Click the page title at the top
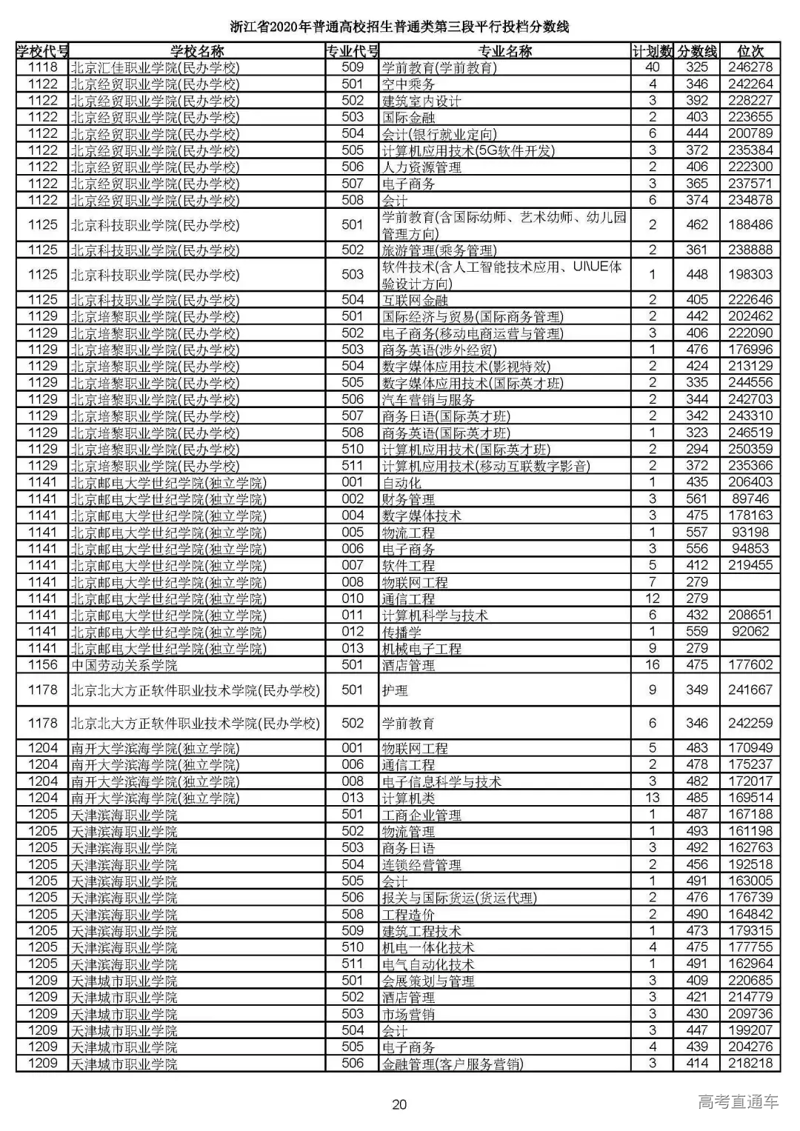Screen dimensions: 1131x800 pyautogui.click(x=399, y=27)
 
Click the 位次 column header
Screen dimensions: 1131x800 pyautogui.click(x=750, y=51)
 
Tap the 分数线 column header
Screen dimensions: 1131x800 pyautogui.click(x=697, y=51)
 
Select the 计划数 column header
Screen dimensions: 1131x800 pyautogui.click(x=653, y=51)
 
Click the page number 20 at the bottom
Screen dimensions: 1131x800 pyautogui.click(x=399, y=1104)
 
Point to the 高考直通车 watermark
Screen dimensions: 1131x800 pyautogui.click(x=738, y=1101)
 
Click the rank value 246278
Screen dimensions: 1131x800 pyautogui.click(x=750, y=67)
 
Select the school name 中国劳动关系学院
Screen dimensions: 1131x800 pyautogui.click(x=124, y=665)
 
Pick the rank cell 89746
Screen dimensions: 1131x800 pyautogui.click(x=750, y=499)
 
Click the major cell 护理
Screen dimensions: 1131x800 pyautogui.click(x=395, y=690)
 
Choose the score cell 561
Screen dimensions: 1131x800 pyautogui.click(x=697, y=499)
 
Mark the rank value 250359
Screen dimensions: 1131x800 pyautogui.click(x=750, y=449)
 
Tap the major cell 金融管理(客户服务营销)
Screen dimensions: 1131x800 pyautogui.click(x=452, y=1064)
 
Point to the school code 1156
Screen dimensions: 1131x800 pyautogui.click(x=43, y=665)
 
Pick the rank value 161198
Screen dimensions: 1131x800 pyautogui.click(x=750, y=831)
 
